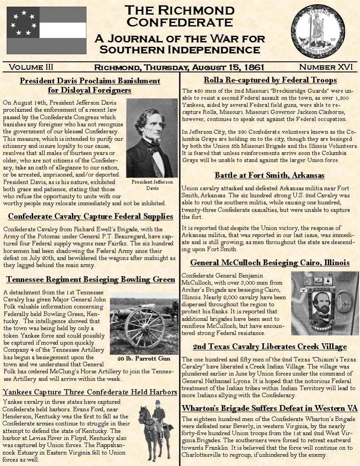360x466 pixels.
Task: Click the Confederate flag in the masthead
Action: [x=40, y=30]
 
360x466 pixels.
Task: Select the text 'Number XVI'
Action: [x=326, y=67]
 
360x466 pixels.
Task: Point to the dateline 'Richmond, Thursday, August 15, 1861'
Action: [x=179, y=67]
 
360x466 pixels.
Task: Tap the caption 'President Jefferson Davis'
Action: [x=152, y=185]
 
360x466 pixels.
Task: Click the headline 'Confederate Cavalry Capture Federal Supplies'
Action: [x=91, y=216]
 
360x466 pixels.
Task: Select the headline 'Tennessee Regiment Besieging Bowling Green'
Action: [x=91, y=280]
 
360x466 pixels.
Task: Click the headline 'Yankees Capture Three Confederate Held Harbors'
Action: [x=90, y=392]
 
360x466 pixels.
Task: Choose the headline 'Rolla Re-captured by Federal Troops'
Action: [x=270, y=80]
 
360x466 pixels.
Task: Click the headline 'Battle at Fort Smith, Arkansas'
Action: [x=269, y=175]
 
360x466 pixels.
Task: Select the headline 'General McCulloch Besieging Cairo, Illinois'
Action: [x=269, y=263]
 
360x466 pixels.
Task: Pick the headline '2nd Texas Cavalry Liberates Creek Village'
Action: [x=269, y=346]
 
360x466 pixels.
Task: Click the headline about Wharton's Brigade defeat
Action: [x=269, y=408]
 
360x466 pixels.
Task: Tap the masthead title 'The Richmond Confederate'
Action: [x=179, y=15]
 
